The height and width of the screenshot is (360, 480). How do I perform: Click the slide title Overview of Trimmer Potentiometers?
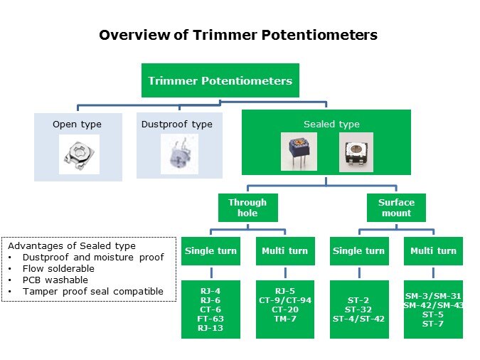pyautogui.click(x=238, y=35)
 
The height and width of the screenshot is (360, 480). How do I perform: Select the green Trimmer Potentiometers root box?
pyautogui.click(x=220, y=80)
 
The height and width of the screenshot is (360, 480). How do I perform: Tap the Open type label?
pyautogui.click(x=77, y=125)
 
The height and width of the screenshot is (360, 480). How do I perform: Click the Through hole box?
pyautogui.click(x=247, y=208)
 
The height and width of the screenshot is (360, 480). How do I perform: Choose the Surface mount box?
pyautogui.click(x=396, y=208)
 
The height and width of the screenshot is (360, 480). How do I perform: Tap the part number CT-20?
pyautogui.click(x=284, y=309)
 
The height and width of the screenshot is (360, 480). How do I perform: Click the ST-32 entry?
pyautogui.click(x=359, y=309)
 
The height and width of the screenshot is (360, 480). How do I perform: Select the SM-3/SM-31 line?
pyautogui.click(x=434, y=295)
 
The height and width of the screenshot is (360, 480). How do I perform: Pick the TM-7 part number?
pyautogui.click(x=284, y=319)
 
